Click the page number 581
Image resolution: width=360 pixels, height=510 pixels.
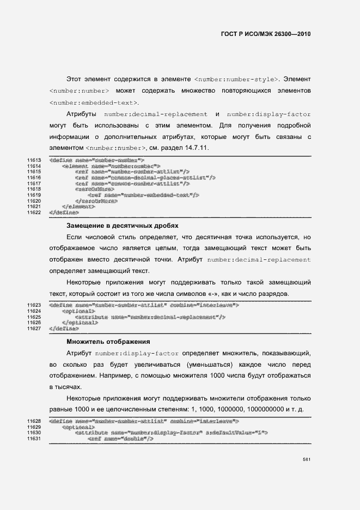[x=307, y=474]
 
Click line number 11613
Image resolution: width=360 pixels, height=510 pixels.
[x=34, y=160]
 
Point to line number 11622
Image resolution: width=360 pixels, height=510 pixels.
[x=34, y=212]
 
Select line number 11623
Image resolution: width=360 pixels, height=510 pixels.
[x=34, y=305]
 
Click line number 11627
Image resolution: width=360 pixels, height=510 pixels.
[x=34, y=329]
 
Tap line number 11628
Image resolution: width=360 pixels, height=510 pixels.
[x=34, y=421]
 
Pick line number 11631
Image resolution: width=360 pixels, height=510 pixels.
[x=34, y=439]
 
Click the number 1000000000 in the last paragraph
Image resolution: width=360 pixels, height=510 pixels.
[x=267, y=409]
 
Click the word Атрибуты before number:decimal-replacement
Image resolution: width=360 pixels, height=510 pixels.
[x=82, y=114]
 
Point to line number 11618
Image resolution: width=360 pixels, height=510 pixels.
[x=34, y=189]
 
